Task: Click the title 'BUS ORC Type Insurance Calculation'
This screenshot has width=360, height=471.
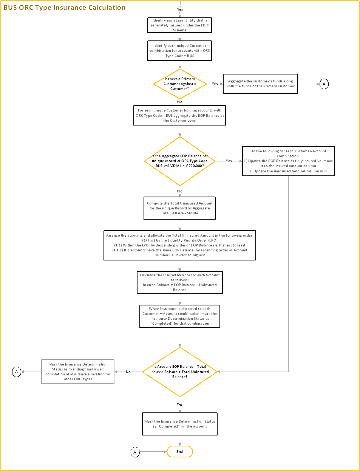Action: coord(65,8)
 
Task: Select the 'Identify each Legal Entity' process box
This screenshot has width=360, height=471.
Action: coord(179,25)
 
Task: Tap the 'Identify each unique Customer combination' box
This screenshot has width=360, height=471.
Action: coord(179,51)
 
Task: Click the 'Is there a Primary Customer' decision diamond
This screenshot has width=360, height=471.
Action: coord(180,84)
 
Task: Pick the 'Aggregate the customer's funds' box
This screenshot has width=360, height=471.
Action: coord(260,84)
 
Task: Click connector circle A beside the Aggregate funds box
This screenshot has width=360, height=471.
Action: coord(324,84)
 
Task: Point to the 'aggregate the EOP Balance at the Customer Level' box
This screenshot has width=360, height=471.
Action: coord(179,115)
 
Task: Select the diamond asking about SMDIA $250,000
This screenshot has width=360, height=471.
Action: coord(180,161)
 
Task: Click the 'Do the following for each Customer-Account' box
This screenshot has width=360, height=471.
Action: coord(288,161)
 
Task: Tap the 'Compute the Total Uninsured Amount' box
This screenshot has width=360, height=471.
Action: coord(179,208)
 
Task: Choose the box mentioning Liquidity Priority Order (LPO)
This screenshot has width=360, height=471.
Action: coord(179,245)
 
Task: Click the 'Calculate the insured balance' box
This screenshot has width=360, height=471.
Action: coord(179,282)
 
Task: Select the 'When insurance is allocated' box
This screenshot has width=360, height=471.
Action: coord(179,316)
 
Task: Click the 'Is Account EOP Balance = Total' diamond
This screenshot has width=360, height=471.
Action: coord(180,372)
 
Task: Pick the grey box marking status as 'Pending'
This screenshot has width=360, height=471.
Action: coord(78,372)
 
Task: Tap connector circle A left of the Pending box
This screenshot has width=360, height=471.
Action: coord(17,372)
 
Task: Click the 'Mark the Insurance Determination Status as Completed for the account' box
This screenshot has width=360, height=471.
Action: coord(179,424)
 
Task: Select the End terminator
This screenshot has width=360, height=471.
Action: coord(180,452)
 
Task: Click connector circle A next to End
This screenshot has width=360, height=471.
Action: coord(135,452)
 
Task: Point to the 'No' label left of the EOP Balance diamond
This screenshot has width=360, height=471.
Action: coord(128,372)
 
